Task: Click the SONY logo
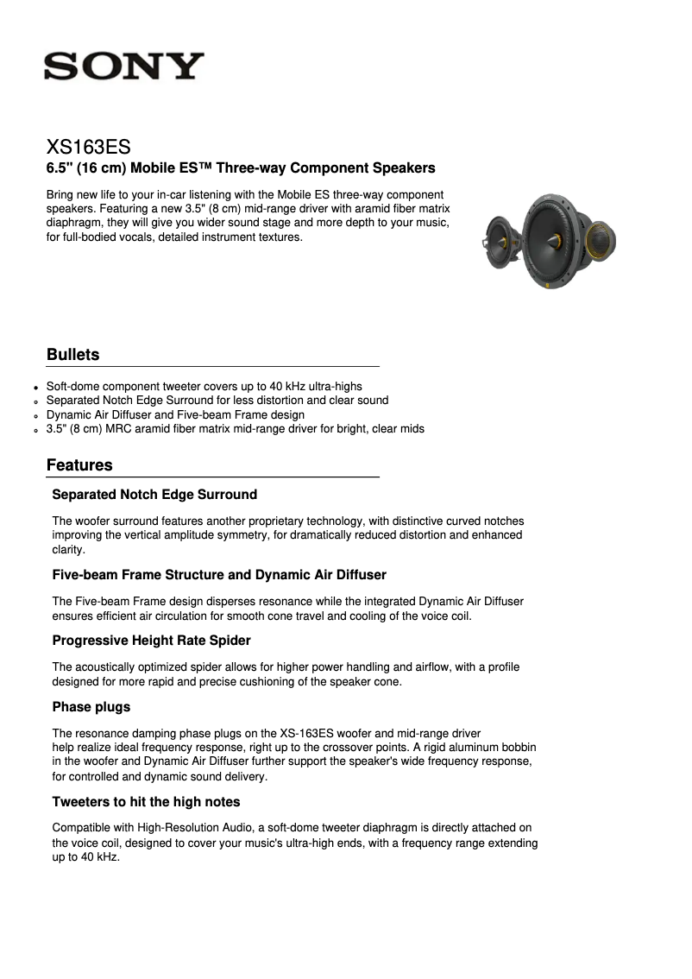[x=125, y=66]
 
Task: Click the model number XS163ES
[x=88, y=147]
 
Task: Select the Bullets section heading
[x=72, y=355]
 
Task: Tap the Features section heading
[x=79, y=465]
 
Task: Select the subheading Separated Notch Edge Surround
[x=154, y=495]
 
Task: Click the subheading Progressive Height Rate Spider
[x=151, y=641]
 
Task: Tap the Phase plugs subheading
[x=91, y=707]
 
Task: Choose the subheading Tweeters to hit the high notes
[x=146, y=802]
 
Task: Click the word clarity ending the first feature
[x=68, y=549]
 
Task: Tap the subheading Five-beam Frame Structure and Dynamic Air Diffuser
[x=219, y=575]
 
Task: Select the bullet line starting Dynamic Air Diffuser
[x=175, y=414]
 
